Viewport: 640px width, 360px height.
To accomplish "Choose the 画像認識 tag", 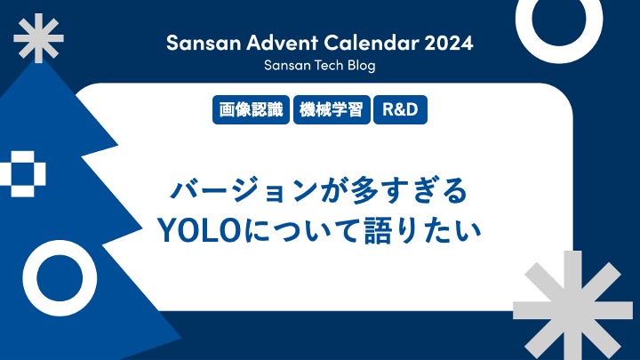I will (x=252, y=111).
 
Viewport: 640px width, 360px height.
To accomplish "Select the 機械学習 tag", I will (x=331, y=111).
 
